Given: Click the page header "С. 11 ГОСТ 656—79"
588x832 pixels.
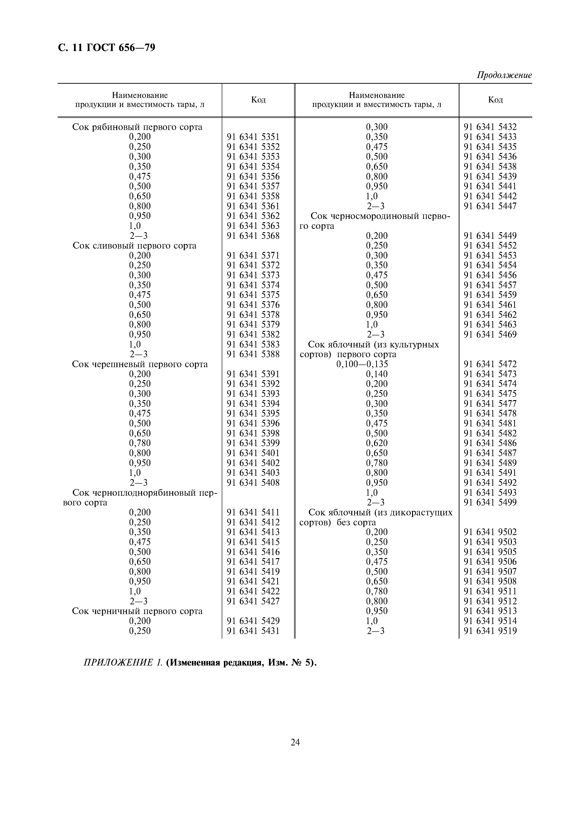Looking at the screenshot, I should pos(106,47).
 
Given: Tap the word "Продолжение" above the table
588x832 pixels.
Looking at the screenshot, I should pos(504,75).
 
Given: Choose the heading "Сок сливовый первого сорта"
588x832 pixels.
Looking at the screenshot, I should pos(134,246).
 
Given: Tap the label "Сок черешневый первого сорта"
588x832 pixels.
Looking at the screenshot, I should pos(140,364).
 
